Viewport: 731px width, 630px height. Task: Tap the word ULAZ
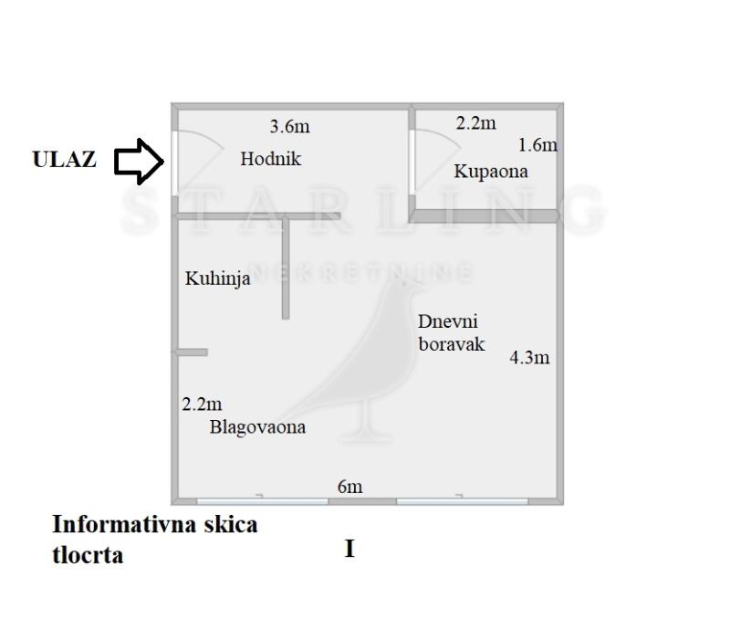64,160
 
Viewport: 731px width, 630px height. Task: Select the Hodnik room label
270,159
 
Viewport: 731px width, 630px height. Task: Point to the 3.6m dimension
289,126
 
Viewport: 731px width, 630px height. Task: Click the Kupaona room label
491,171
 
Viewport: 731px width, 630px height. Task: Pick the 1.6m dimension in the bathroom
538,144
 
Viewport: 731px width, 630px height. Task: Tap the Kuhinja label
217,279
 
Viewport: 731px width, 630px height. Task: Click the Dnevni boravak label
450,332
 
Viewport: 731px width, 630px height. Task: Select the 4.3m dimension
529,358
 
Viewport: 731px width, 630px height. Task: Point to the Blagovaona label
257,426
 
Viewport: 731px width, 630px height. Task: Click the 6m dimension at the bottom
350,487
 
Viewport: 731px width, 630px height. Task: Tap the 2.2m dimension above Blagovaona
202,404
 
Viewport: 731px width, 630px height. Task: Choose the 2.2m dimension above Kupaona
475,123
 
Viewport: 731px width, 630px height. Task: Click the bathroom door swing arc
438,142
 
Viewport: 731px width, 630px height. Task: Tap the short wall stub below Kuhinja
193,352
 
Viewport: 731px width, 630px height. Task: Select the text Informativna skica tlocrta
154,539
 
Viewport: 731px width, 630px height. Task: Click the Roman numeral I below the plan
350,550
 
